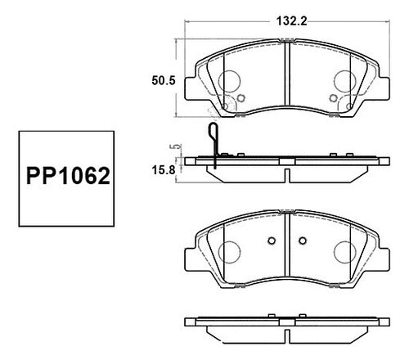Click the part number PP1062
[68, 176]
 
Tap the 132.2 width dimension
[291, 21]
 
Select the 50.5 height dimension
[164, 81]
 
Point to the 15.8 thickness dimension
[163, 170]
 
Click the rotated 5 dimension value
[176, 146]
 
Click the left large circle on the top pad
[229, 81]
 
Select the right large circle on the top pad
[345, 81]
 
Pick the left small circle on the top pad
[240, 97]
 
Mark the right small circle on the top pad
[333, 97]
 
